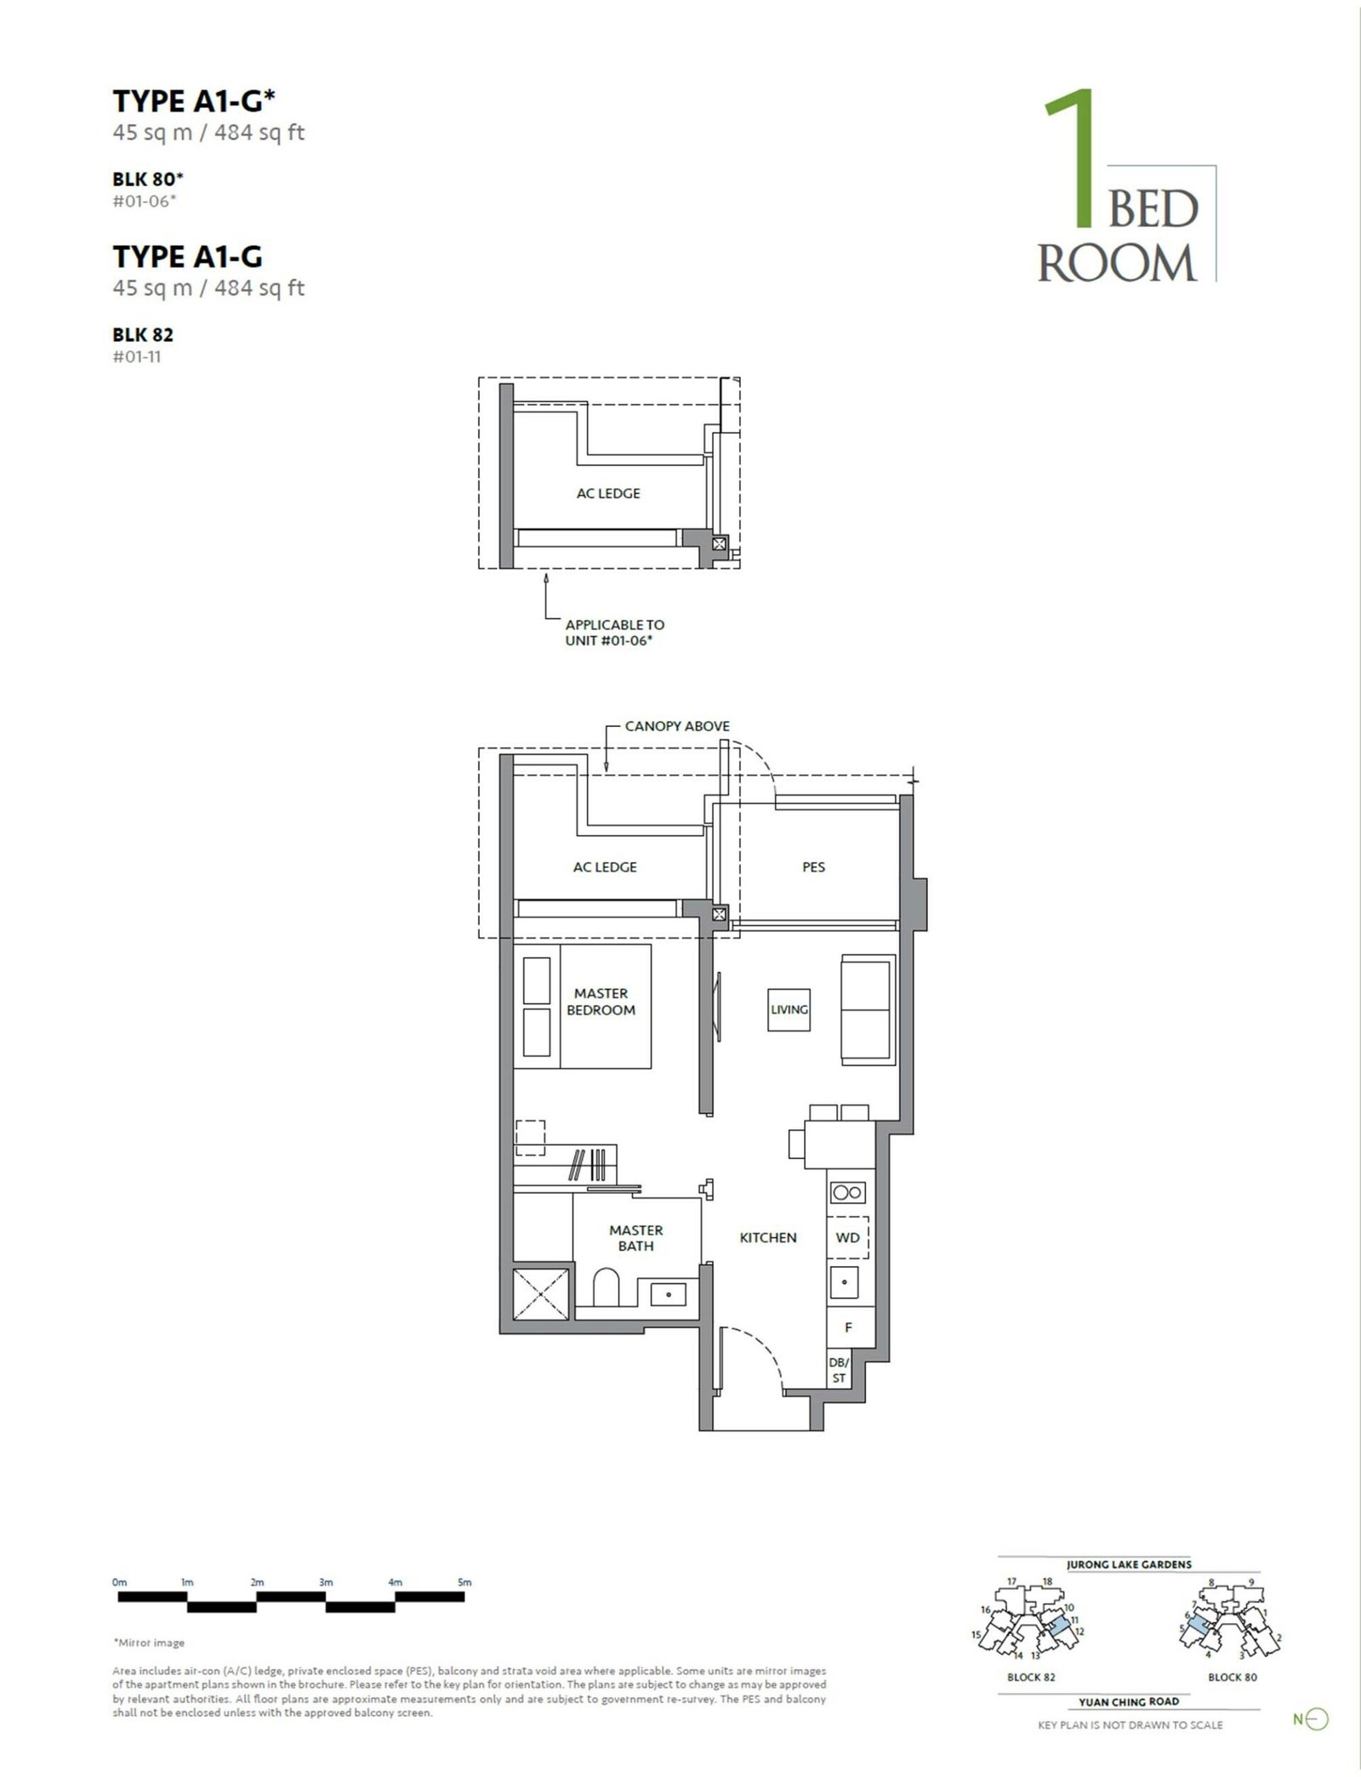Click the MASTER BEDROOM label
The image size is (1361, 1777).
601,1002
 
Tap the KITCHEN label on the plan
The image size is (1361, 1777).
768,1238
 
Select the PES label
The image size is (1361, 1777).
813,867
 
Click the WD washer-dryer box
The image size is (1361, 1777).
848,1237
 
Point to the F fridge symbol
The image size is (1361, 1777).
848,1327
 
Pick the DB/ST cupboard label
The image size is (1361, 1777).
839,1370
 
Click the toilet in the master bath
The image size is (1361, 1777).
605,1289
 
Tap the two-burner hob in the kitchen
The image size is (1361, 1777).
847,1193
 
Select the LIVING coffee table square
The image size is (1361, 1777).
789,1009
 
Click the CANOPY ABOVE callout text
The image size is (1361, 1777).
677,726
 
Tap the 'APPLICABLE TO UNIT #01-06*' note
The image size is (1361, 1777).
614,633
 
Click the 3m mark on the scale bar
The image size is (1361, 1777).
326,1583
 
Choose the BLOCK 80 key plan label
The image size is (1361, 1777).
1233,1678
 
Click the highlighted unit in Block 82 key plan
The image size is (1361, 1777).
1056,1627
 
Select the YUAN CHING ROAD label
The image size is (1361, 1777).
1129,1701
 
